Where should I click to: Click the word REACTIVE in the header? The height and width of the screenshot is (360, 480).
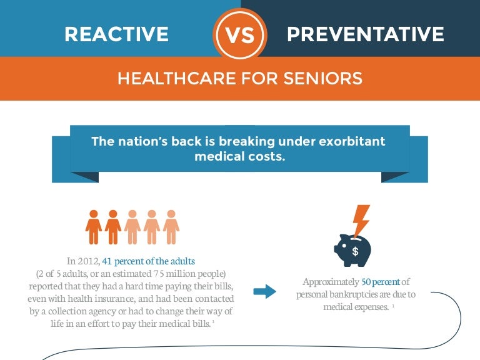coord(116,34)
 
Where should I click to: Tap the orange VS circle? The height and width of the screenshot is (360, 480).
coord(240,34)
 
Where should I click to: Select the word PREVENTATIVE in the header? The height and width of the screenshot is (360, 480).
coord(365,34)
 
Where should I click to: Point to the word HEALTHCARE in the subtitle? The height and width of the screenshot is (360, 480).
coord(177,78)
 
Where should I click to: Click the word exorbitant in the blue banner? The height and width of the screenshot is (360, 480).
coord(352,141)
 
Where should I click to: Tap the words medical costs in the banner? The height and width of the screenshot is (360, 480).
coord(240,156)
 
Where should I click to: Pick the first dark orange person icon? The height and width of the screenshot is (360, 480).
coord(94,227)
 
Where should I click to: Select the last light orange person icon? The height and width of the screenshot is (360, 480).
coord(171,227)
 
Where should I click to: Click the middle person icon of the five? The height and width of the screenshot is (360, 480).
coord(132,227)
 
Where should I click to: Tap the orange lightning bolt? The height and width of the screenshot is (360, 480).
coord(361,220)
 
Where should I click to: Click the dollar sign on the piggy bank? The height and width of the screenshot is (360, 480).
coord(355,251)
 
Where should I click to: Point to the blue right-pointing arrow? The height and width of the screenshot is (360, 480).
coord(265,291)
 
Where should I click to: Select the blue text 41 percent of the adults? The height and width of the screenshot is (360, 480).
coord(149,261)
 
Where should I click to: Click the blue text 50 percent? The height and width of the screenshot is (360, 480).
coord(381,282)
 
